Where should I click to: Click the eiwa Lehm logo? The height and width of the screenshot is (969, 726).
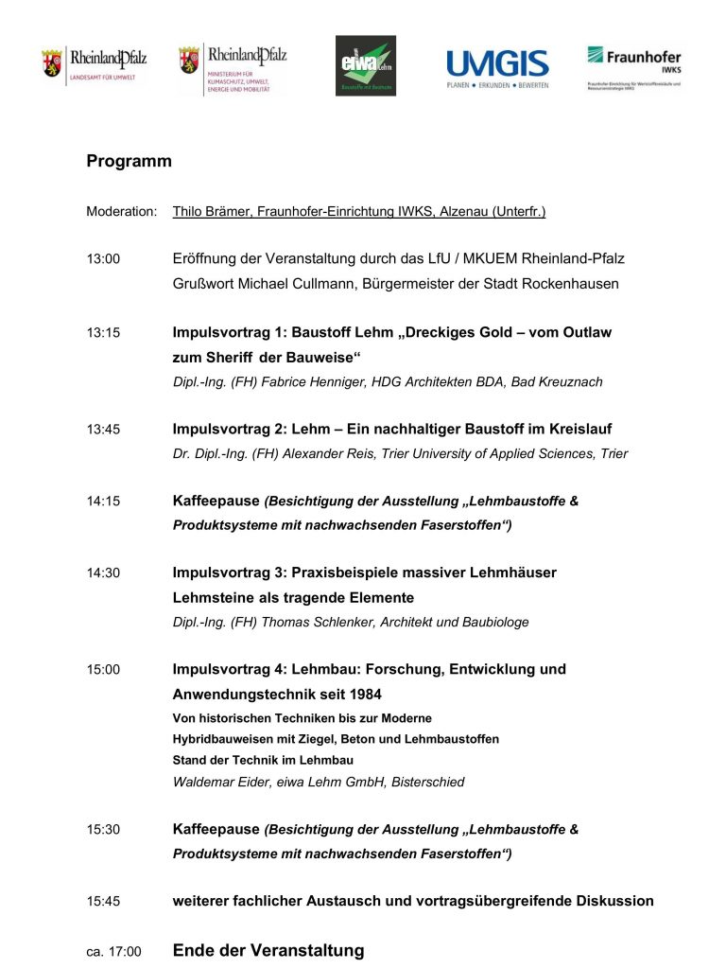(x=366, y=65)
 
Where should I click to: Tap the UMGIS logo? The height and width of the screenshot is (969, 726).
(x=497, y=68)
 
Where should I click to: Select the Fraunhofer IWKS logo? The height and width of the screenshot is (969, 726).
(x=633, y=66)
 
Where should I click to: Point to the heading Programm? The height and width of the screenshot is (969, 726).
(x=129, y=161)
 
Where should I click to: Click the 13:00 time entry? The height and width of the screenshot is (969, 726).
(x=103, y=259)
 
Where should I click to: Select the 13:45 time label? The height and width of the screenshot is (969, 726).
(x=103, y=430)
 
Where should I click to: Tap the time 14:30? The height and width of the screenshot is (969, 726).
(x=103, y=573)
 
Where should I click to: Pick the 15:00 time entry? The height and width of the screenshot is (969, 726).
(x=103, y=670)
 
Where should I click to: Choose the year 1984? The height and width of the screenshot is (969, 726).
(x=364, y=694)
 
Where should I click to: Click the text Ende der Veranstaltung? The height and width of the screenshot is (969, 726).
(x=268, y=951)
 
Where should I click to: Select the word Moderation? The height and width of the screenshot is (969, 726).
(x=121, y=212)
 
